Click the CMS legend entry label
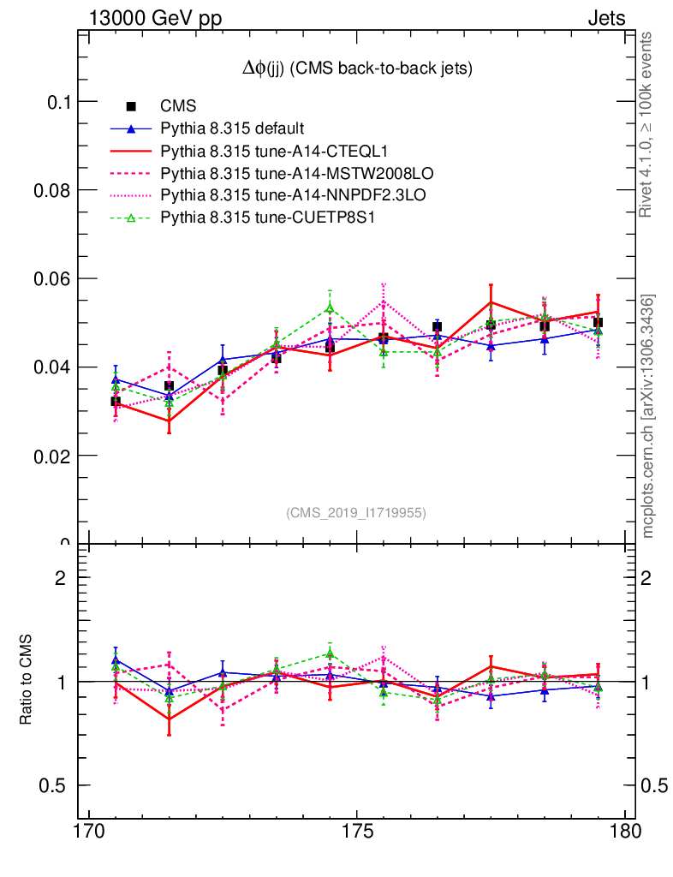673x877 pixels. (179, 106)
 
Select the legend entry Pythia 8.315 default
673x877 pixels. (232, 128)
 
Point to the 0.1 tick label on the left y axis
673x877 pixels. (57, 102)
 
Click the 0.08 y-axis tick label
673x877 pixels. (52, 190)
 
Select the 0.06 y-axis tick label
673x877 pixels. (52, 278)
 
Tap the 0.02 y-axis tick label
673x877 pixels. (52, 455)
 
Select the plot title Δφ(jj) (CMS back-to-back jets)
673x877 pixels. (357, 68)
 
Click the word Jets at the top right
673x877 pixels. (606, 18)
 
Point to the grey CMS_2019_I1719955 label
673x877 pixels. (356, 512)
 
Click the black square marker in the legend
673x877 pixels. (131, 106)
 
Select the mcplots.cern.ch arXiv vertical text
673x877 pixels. (649, 415)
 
